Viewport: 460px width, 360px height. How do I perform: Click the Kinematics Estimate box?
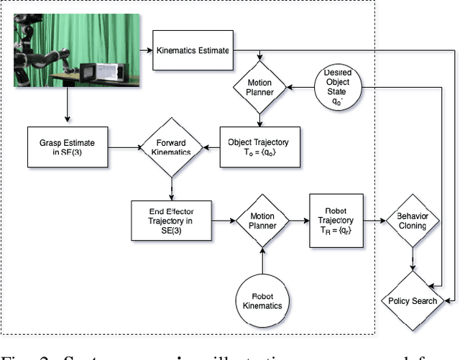pyautogui.click(x=192, y=51)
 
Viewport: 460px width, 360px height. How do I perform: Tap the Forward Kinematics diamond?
pyautogui.click(x=172, y=148)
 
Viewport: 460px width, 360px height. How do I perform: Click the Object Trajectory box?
pyautogui.click(x=259, y=147)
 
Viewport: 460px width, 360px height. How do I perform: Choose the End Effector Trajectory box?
pyautogui.click(x=171, y=220)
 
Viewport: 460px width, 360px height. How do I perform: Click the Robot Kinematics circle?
pyautogui.click(x=262, y=300)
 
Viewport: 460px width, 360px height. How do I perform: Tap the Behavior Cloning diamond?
pyautogui.click(x=412, y=221)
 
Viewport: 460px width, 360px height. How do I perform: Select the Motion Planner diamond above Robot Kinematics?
pyautogui.click(x=262, y=221)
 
